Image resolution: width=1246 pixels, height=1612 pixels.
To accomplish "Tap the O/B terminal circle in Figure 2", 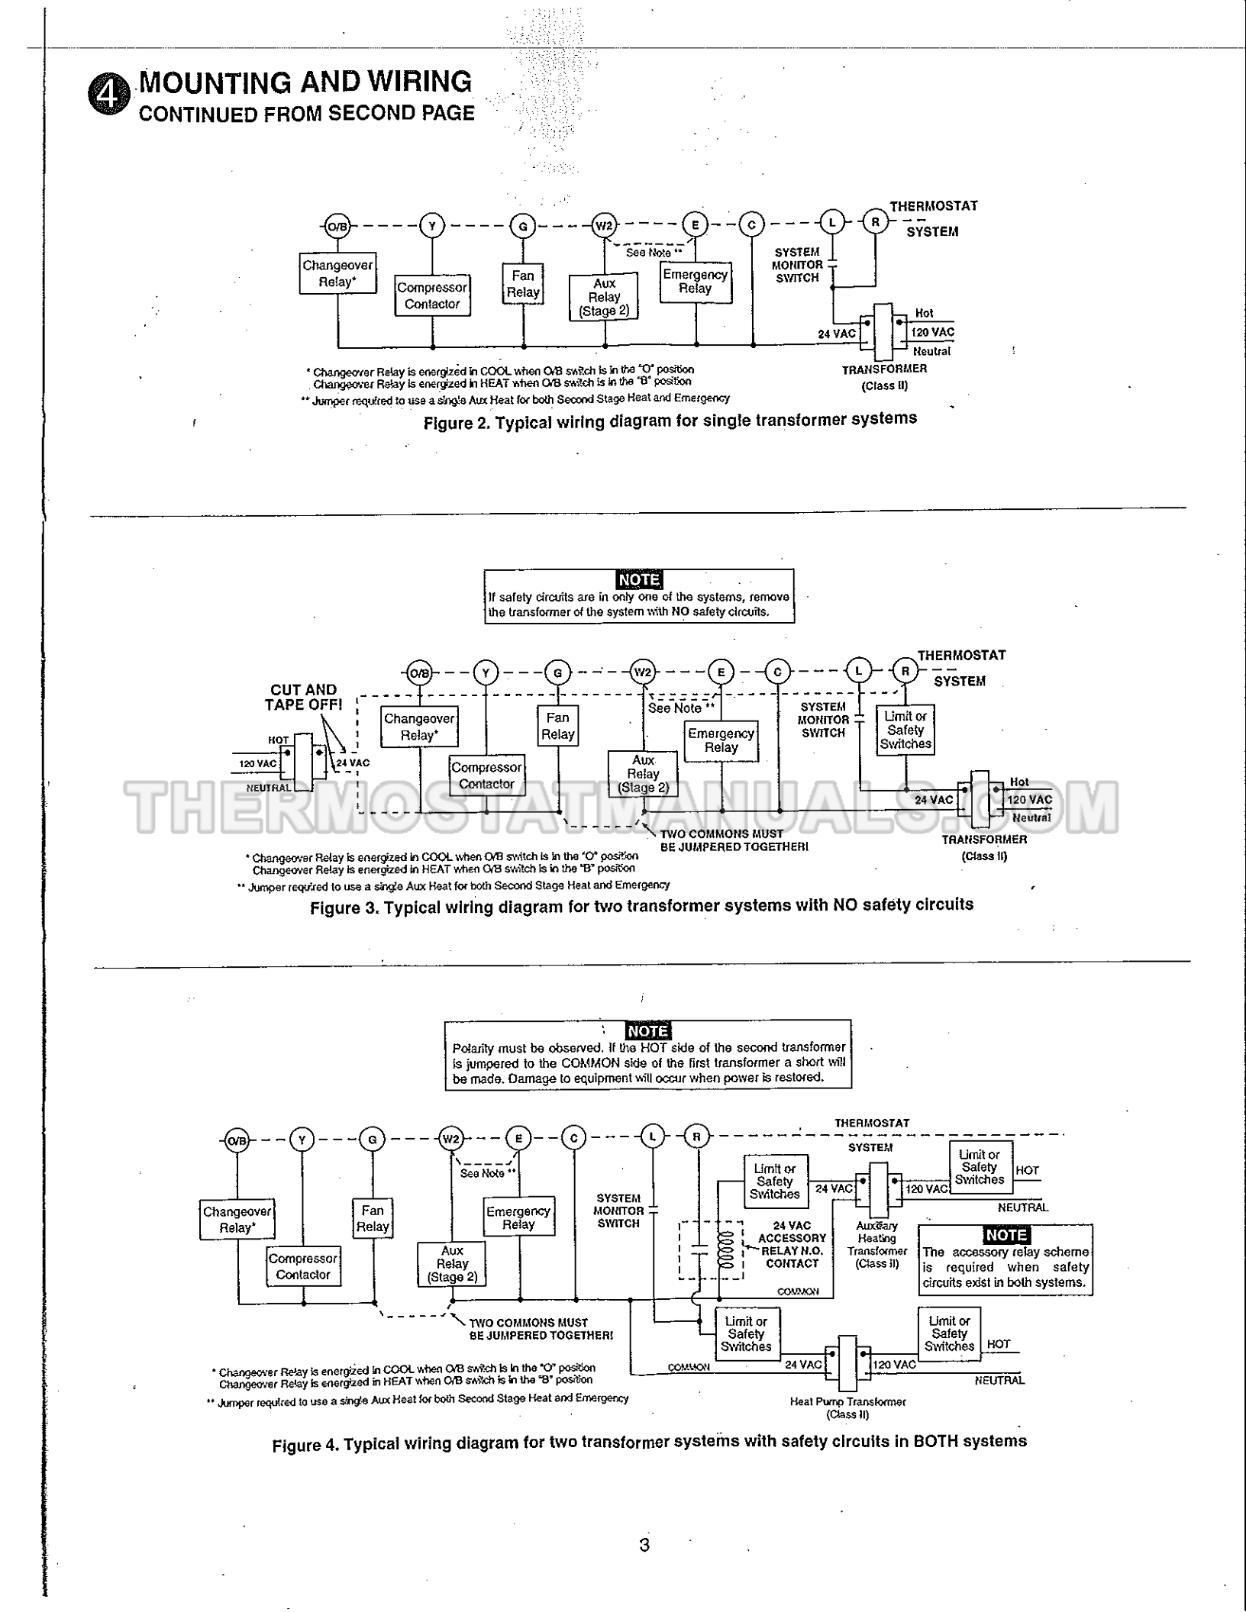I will pos(337,226).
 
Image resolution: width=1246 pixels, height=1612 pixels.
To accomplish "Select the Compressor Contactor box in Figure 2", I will pos(432,296).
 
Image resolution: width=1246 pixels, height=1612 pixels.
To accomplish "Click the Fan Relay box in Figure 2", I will pos(523,284).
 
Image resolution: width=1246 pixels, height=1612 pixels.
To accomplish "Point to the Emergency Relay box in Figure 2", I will pos(696,282).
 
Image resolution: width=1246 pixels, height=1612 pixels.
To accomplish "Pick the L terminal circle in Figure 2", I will pos(832,222).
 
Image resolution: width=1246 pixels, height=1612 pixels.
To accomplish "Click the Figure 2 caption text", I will pos(670,421).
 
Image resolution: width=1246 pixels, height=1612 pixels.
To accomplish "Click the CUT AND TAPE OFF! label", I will pos(304,697).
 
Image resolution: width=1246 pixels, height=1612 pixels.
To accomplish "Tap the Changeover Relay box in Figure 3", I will pos(419,727).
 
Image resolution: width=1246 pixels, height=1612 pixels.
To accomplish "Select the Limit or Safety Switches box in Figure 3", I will pos(905,730).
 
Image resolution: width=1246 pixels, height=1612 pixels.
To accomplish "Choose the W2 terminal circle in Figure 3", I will pos(643,672).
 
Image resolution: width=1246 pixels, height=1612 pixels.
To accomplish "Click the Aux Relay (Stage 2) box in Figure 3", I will pos(643,774).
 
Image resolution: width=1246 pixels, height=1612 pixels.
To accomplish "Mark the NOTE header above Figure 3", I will pos(639,580).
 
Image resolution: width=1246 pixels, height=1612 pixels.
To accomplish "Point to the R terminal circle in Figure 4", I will pos(696,1137).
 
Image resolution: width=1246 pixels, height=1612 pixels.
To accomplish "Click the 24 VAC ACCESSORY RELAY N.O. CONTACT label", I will pos(792,1244).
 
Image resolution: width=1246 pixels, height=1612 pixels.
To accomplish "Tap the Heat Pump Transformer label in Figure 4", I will pos(847,1407).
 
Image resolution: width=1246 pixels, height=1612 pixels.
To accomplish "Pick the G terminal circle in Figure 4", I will pos(373,1140).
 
